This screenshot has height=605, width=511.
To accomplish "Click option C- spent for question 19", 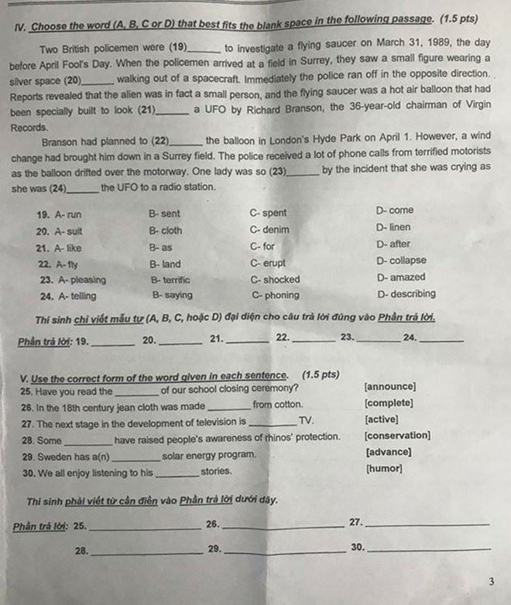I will [x=268, y=213].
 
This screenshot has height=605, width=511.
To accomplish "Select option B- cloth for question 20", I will [x=166, y=231].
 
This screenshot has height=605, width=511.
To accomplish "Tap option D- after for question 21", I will [x=393, y=244].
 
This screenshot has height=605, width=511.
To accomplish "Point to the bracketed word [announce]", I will [x=390, y=387].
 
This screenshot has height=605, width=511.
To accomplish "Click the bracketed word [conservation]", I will [x=397, y=436].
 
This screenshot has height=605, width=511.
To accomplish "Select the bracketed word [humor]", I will [x=383, y=469].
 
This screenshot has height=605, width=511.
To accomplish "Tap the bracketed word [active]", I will [x=382, y=419].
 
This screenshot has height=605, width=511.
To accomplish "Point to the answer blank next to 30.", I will [x=428, y=550].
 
